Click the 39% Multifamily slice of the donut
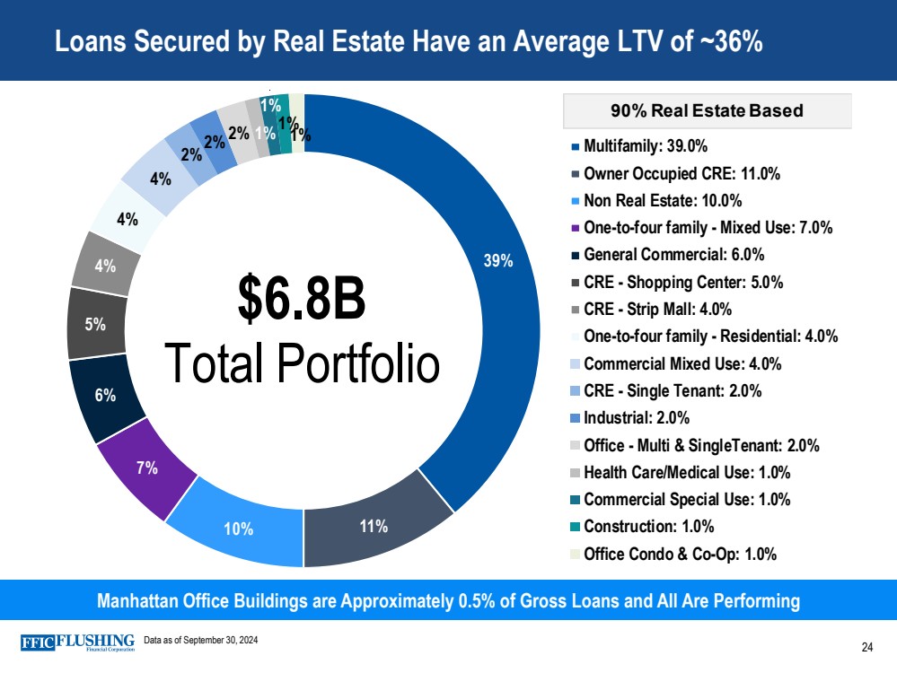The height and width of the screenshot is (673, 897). tap(499, 260)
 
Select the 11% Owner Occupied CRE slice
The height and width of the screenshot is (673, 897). tap(374, 526)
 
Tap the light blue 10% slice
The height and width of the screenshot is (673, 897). tap(239, 528)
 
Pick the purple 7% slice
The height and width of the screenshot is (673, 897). tap(148, 468)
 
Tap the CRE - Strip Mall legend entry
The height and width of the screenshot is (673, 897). tap(657, 310)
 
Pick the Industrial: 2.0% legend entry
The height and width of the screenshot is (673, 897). tap(636, 418)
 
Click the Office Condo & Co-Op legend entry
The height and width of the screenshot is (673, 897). tap(679, 554)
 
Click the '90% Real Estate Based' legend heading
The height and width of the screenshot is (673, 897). tap(707, 111)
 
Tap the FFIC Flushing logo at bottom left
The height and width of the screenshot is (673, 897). tap(77, 642)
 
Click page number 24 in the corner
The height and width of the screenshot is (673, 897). tap(867, 647)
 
